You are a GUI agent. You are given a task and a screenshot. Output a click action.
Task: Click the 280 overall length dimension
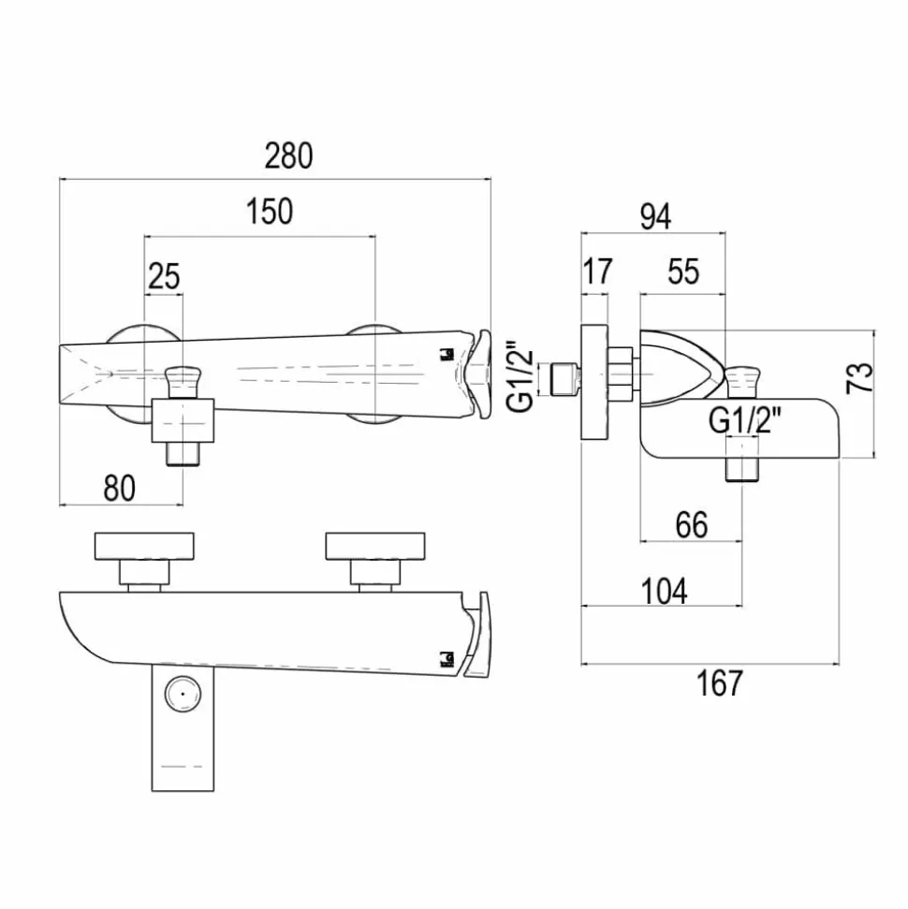coord(288,155)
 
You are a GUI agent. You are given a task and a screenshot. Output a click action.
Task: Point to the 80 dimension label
coord(120,488)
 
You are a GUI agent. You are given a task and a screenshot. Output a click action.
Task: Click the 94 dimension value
coord(656,216)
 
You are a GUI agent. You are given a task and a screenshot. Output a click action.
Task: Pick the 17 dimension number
coord(596,271)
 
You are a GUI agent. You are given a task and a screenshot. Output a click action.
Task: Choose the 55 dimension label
coord(683,271)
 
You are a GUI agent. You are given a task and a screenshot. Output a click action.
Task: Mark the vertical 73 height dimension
coord(859,377)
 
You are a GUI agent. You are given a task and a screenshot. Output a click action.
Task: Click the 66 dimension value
coord(692,524)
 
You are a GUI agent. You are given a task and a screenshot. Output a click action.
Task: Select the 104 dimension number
coord(665,591)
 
